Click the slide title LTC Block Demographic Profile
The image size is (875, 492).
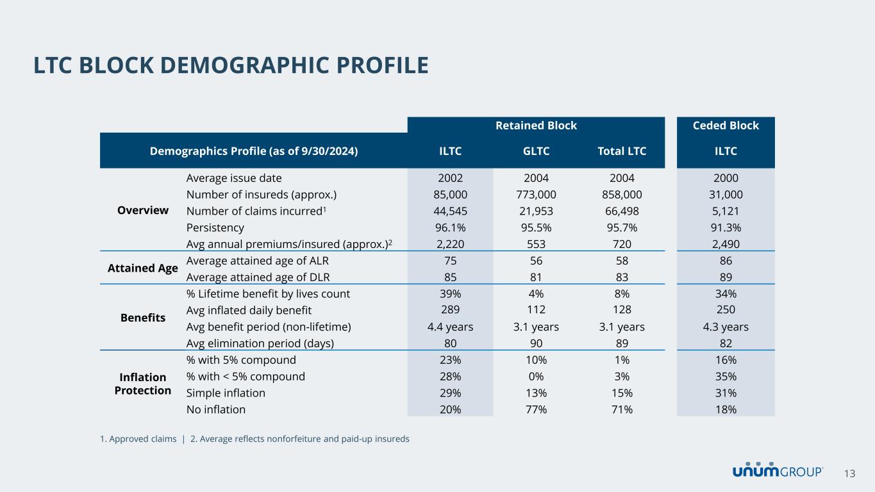click(231, 65)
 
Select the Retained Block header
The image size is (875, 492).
click(536, 126)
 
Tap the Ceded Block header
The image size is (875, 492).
click(726, 126)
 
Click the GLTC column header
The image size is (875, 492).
click(536, 152)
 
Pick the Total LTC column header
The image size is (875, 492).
click(621, 152)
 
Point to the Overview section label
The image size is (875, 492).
click(142, 210)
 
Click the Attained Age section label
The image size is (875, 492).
click(142, 268)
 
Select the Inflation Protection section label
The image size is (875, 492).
click(142, 383)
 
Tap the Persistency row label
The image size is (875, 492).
click(215, 227)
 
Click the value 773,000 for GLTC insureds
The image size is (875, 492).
click(536, 194)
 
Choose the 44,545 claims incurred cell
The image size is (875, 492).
click(450, 211)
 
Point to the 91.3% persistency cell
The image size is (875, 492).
click(726, 227)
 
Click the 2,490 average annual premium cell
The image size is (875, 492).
click(726, 244)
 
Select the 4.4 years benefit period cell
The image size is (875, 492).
click(450, 327)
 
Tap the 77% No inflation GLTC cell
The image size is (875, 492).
click(536, 409)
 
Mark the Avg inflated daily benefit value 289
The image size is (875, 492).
click(450, 310)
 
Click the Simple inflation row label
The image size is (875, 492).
click(226, 393)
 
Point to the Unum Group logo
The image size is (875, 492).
click(778, 471)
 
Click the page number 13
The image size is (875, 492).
click(849, 473)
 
